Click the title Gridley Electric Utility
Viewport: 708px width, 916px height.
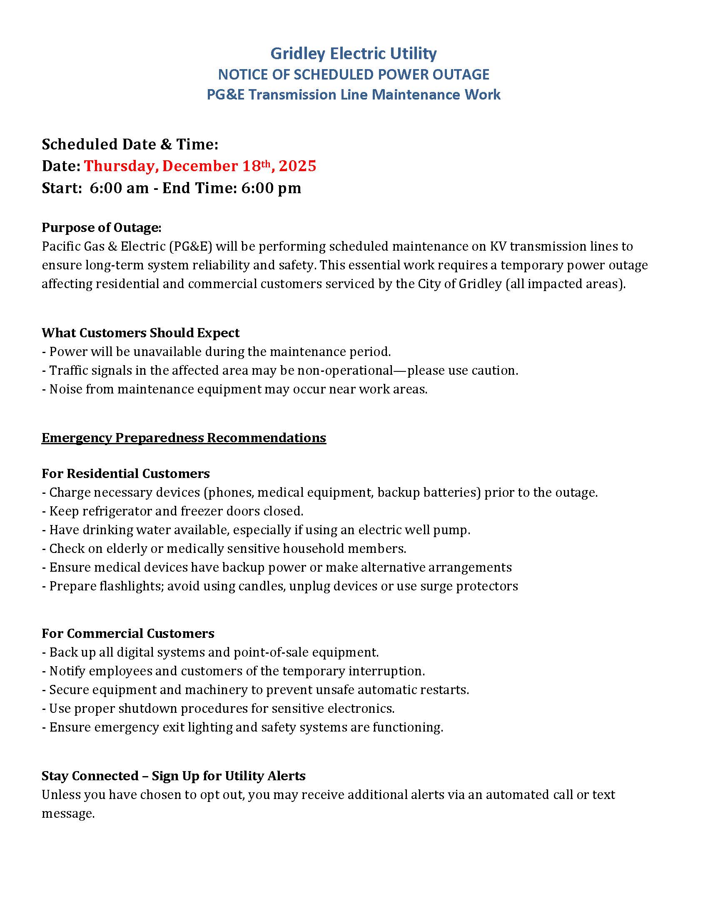coord(353,53)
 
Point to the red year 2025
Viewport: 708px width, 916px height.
coord(297,166)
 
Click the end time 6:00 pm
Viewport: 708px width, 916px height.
coord(271,188)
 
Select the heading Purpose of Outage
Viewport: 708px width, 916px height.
coord(101,227)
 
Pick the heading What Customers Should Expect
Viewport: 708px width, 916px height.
coord(140,333)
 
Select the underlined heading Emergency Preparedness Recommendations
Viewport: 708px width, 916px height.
coord(184,438)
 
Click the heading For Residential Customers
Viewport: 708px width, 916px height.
coord(125,473)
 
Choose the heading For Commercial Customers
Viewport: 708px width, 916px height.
coord(127,633)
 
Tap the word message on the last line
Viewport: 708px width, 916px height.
coord(68,814)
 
